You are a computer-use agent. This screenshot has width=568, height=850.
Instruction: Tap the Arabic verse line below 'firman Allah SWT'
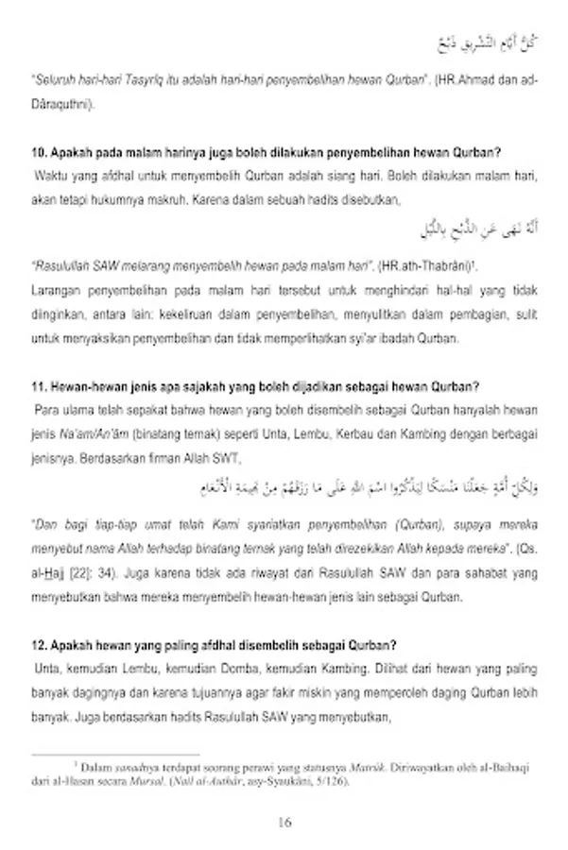(x=378, y=489)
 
